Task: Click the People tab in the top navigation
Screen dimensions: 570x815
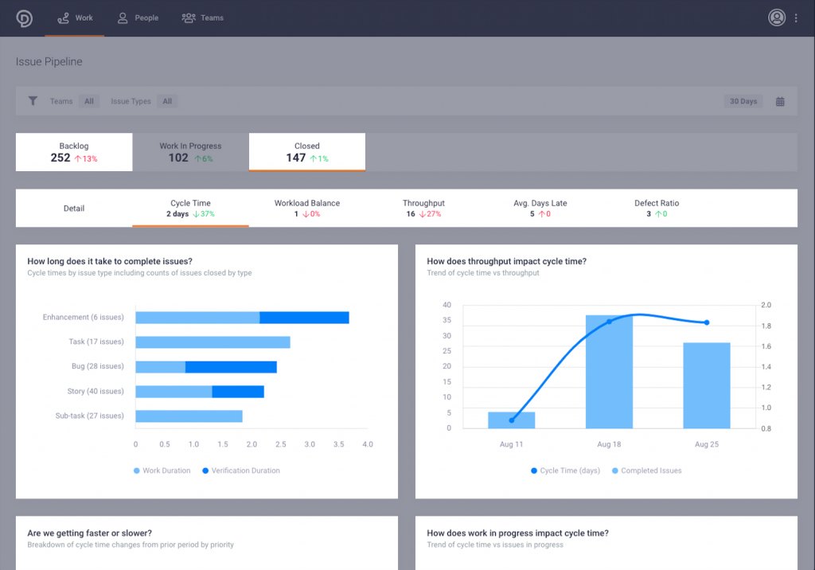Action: (138, 18)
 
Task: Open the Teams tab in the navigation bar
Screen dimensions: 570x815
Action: (203, 18)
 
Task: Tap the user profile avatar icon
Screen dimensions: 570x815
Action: (777, 18)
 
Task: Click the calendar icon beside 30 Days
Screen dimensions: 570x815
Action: (780, 101)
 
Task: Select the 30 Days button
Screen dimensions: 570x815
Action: (743, 101)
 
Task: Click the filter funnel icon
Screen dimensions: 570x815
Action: (33, 101)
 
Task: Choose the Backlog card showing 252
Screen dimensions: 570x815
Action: (74, 152)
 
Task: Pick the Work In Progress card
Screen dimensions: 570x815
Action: (190, 152)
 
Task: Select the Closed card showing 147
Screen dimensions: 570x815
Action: (307, 152)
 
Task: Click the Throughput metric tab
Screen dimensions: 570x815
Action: (423, 208)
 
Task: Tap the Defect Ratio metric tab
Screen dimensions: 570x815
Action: (657, 208)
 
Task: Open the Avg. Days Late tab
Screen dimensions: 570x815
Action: (540, 208)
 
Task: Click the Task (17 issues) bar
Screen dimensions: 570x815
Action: (213, 342)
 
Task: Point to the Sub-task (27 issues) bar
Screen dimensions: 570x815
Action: (189, 416)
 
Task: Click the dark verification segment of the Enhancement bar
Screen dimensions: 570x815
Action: (304, 318)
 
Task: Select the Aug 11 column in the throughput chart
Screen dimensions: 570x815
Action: (511, 420)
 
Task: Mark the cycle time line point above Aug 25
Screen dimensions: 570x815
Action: (707, 322)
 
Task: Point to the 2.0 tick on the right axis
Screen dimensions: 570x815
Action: (766, 305)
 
